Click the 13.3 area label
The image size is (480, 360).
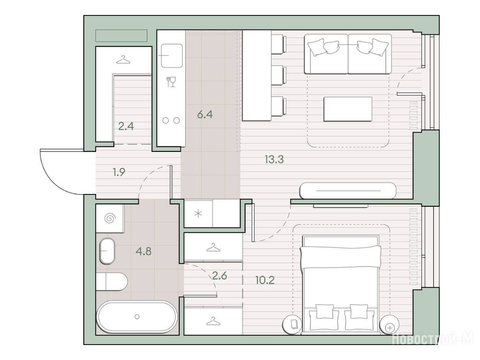click(x=274, y=159)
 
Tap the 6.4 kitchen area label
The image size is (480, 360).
click(x=205, y=114)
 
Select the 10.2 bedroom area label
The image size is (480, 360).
click(x=265, y=279)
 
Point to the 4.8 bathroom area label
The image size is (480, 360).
click(x=143, y=251)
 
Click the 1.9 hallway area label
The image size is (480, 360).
click(x=119, y=172)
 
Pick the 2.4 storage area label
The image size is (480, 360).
click(x=126, y=126)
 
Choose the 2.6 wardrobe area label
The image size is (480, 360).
click(x=219, y=276)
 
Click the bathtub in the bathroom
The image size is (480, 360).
click(x=137, y=317)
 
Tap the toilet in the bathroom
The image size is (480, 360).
click(x=112, y=282)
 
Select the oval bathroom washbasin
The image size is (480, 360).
click(x=107, y=251)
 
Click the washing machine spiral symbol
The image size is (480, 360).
click(x=110, y=218)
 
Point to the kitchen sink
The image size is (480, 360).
click(x=172, y=55)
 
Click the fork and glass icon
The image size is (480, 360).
click(x=171, y=82)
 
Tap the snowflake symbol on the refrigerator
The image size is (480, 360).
click(x=198, y=214)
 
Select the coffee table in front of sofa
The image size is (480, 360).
click(x=348, y=109)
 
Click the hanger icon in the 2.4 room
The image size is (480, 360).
click(x=123, y=60)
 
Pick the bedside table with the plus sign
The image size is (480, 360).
click(x=390, y=324)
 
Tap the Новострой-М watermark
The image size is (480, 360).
click(x=433, y=339)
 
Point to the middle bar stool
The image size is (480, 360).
click(x=279, y=75)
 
